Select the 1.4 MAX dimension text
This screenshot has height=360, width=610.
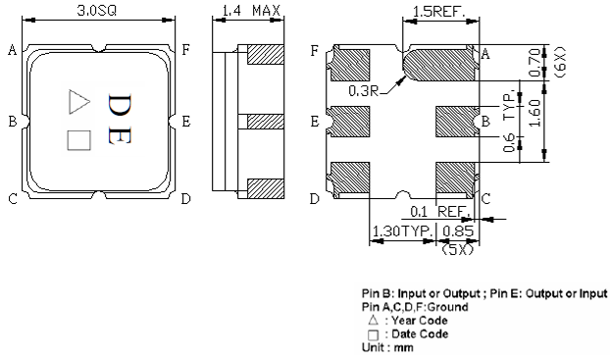coord(251,12)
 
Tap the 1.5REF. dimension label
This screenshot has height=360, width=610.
coord(440,12)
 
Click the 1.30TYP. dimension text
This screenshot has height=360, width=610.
coord(399,232)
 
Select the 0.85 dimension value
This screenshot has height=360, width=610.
coord(458,232)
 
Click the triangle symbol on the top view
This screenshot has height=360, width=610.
coord(76,100)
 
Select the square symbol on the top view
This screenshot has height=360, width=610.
coord(76,140)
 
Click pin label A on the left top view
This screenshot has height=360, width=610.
coord(11,51)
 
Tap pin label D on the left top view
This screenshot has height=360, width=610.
coord(184,199)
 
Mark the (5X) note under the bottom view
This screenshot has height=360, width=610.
coord(457,249)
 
